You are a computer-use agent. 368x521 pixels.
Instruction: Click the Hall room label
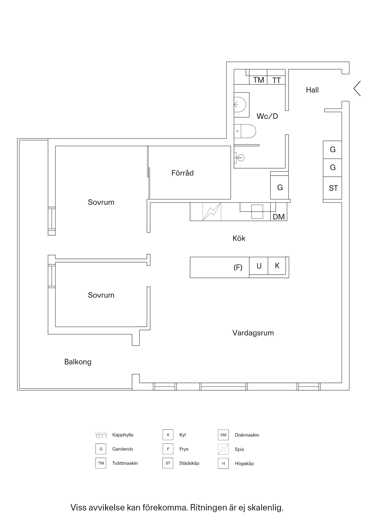(312, 90)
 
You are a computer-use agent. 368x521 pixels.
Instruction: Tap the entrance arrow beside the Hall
(357, 88)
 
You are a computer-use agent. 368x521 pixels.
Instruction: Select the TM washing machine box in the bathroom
(258, 80)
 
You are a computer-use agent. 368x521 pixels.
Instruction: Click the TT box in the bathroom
(276, 80)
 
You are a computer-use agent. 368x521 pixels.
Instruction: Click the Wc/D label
(267, 116)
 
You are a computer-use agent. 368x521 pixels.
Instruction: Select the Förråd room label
(182, 173)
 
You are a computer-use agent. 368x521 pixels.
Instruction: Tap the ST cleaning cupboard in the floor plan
(333, 188)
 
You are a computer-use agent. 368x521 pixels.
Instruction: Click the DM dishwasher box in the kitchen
(279, 217)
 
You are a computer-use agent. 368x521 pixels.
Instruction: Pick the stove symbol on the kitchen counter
(212, 212)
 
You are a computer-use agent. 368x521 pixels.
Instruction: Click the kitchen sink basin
(257, 212)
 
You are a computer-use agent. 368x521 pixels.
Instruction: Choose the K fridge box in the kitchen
(277, 266)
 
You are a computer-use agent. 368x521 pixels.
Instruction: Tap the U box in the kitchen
(259, 266)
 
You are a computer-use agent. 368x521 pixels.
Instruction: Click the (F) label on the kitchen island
(238, 268)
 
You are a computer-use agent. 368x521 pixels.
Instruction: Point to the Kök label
(239, 239)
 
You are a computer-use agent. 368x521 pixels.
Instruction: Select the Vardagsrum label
(253, 333)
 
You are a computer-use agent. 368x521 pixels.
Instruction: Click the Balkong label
(78, 362)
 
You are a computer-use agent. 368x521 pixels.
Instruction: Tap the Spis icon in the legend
(223, 449)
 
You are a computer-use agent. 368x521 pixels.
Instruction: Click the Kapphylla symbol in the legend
(101, 435)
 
